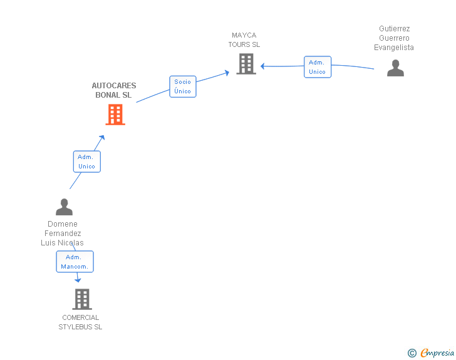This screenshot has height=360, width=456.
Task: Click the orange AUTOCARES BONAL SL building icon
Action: point(115,115)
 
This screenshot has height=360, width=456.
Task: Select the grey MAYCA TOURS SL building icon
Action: point(246,64)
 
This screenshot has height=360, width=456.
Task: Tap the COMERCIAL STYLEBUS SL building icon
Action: point(82,299)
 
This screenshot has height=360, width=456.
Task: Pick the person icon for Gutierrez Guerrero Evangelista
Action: point(395,68)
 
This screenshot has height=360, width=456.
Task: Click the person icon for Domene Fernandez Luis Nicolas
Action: point(64,207)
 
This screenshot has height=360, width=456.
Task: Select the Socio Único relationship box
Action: point(183,86)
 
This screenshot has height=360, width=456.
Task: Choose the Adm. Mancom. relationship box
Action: point(75,262)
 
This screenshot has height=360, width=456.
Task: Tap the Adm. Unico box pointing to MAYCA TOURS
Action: point(318,67)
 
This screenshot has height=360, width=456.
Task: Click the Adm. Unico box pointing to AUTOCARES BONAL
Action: point(86,162)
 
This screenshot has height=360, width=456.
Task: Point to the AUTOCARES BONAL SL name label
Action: point(113,90)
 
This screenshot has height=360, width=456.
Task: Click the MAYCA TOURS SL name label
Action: point(244,40)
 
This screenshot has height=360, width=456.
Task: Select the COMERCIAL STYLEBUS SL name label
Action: point(80,322)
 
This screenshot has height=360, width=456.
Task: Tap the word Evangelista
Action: point(394,48)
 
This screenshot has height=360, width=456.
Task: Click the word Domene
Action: point(63,224)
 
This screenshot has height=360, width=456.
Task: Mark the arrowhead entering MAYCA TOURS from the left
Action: point(227,73)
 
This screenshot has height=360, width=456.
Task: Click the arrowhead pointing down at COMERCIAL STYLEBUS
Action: point(78,280)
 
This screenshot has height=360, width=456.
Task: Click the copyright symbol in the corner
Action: point(412,353)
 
